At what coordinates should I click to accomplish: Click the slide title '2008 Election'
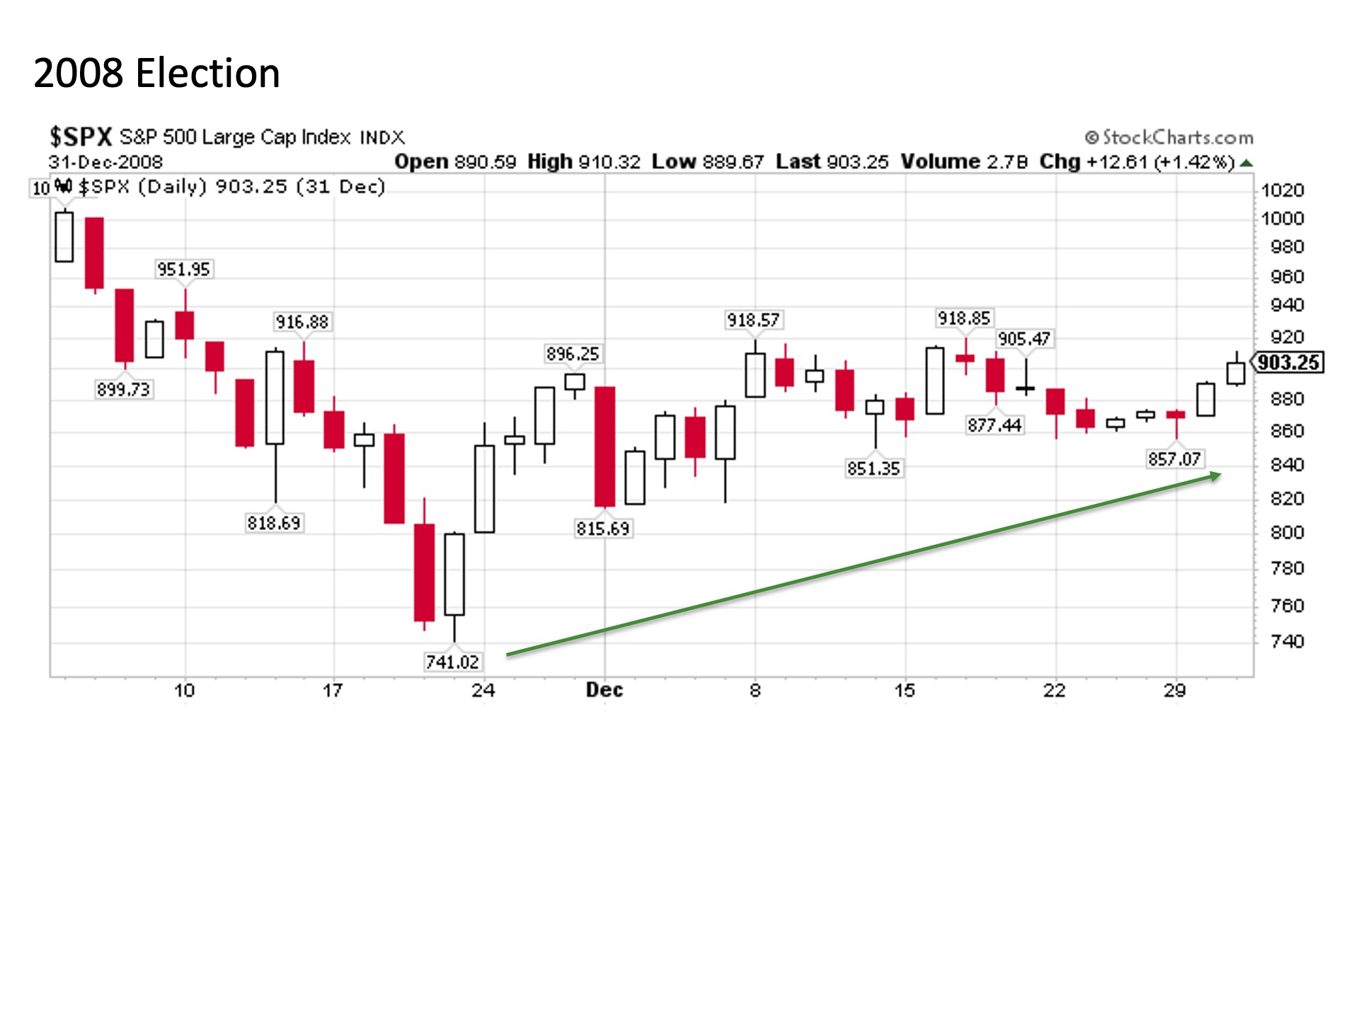(156, 74)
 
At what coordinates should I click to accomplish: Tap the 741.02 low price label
(452, 662)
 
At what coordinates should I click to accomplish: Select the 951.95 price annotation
(183, 270)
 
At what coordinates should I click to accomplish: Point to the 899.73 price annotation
(124, 389)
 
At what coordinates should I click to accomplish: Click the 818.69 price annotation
(274, 523)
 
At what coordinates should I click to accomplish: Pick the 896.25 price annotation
(572, 354)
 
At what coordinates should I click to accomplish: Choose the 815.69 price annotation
(602, 529)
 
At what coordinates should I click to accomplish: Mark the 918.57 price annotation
(753, 321)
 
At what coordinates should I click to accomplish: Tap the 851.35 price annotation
(873, 468)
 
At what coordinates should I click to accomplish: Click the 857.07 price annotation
(1174, 459)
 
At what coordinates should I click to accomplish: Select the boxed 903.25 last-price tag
(1288, 363)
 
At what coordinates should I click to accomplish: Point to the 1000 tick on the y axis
(1282, 219)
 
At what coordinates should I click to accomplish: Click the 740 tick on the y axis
(1287, 641)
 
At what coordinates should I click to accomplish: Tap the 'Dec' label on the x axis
(604, 691)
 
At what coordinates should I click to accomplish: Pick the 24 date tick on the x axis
(483, 691)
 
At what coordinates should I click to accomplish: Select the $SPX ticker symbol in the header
(81, 137)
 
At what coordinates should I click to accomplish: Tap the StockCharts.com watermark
(1169, 137)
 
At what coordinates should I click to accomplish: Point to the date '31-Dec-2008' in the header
(105, 162)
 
